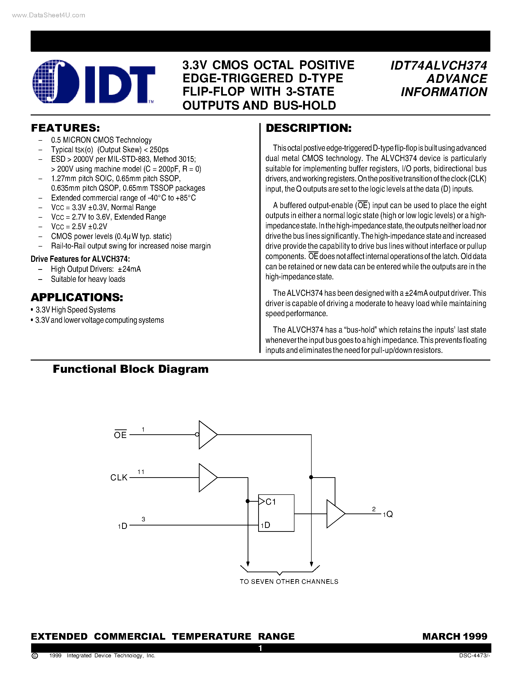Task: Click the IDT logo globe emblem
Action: (x=56, y=81)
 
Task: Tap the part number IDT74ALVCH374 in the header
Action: (x=439, y=66)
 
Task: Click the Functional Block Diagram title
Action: (x=131, y=369)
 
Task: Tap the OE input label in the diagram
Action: (x=120, y=435)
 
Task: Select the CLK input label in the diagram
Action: (x=119, y=477)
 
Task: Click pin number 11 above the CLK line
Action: (x=141, y=472)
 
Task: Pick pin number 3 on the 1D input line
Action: (x=143, y=519)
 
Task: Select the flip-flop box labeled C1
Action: (x=276, y=513)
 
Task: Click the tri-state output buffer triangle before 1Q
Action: (x=335, y=514)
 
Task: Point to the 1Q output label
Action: (x=388, y=514)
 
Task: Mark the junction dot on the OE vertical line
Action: (x=311, y=477)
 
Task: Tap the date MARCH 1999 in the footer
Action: (x=455, y=636)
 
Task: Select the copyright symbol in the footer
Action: (x=35, y=656)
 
